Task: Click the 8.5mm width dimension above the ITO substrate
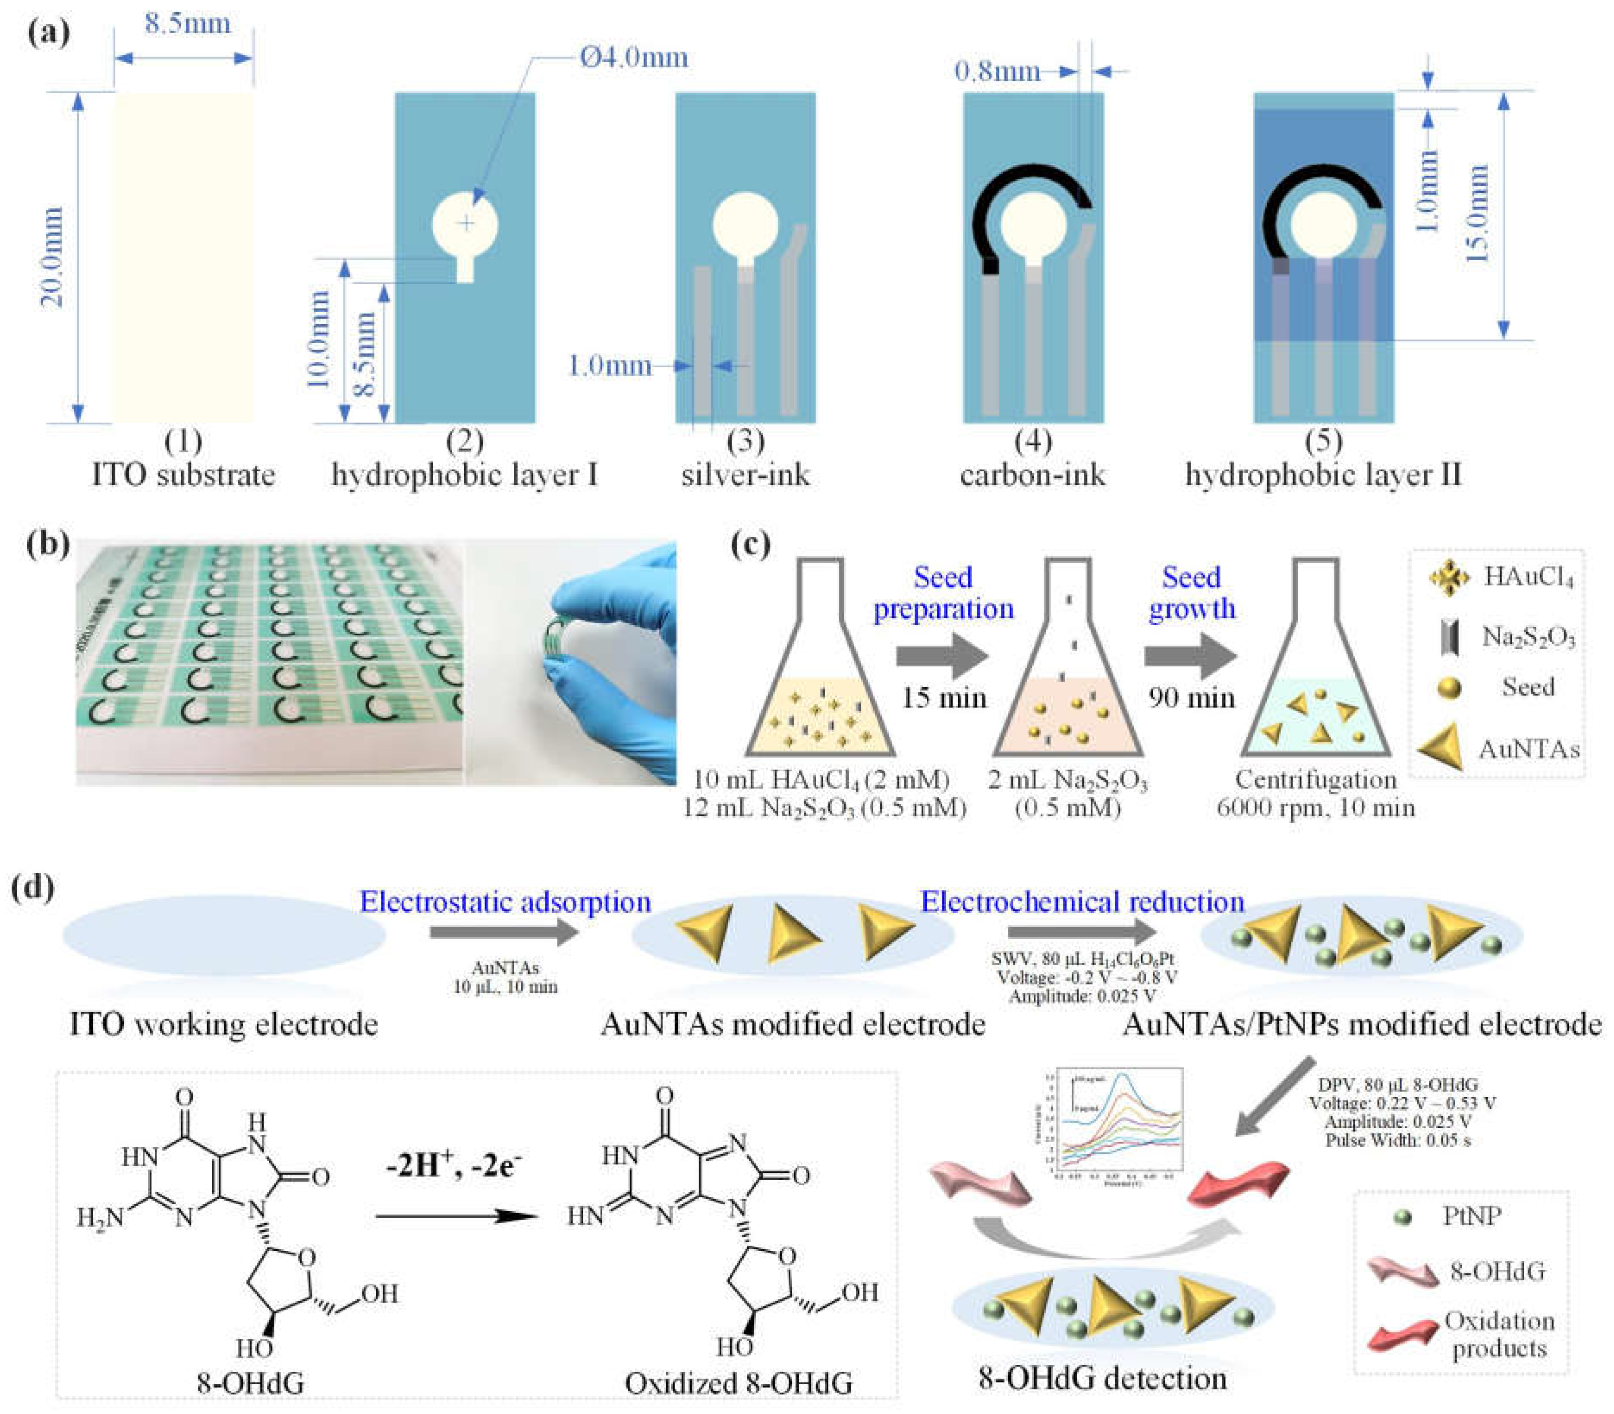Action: click(x=187, y=24)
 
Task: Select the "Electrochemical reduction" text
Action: click(x=1082, y=902)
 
